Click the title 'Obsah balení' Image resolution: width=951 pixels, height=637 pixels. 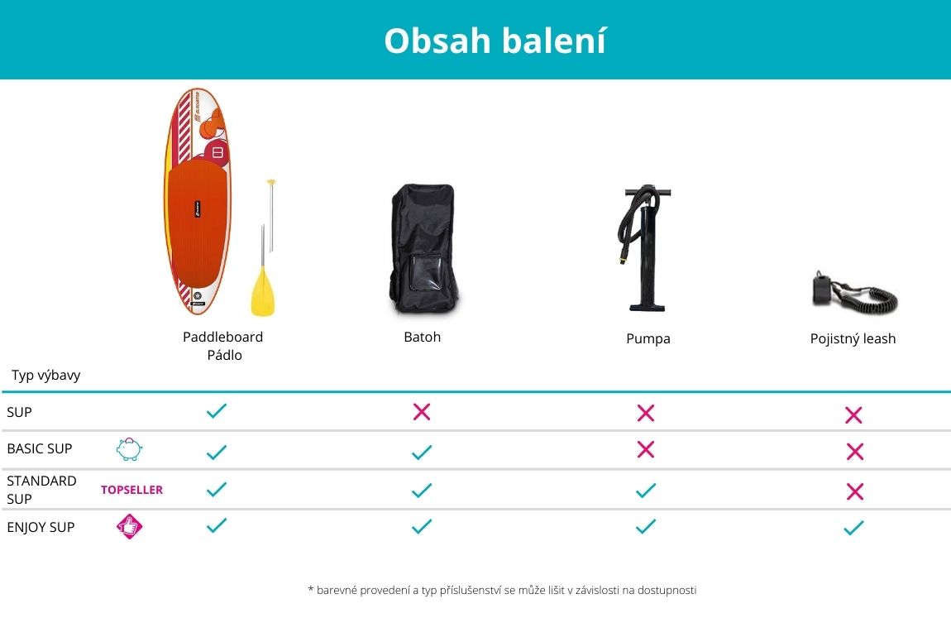tap(495, 41)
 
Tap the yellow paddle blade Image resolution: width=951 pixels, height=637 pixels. tap(263, 292)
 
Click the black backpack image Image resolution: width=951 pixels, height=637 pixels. tap(423, 249)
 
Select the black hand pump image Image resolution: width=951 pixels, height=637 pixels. tap(645, 248)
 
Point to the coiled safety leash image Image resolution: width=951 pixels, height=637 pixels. tap(854, 294)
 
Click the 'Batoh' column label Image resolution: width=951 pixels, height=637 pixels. tap(422, 337)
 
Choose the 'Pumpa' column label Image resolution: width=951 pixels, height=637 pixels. tap(648, 338)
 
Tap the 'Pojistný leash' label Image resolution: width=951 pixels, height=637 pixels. tap(853, 338)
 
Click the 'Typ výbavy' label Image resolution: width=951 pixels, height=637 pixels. tap(46, 375)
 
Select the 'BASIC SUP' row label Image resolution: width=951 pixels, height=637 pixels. tap(40, 448)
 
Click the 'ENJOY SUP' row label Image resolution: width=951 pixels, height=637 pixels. tap(41, 527)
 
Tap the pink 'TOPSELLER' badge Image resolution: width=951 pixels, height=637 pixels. tap(131, 490)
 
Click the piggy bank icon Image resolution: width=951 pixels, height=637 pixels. tap(129, 449)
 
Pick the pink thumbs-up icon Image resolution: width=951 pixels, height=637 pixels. tap(129, 527)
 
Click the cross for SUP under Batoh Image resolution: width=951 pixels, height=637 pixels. tap(422, 412)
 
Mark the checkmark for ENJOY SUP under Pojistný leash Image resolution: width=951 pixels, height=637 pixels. tap(853, 528)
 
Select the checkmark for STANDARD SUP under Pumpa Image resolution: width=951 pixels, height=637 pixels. tap(646, 491)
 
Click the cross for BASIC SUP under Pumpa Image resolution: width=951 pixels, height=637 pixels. tap(646, 449)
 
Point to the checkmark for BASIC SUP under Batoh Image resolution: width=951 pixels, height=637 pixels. tap(422, 452)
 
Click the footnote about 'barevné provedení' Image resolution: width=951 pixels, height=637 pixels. tap(502, 591)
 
